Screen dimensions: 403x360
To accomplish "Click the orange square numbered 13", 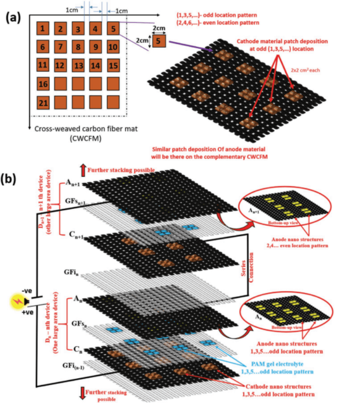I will tap(78, 66).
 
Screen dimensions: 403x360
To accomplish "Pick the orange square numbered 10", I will tap(113, 47).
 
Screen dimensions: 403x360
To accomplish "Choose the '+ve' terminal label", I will tap(28, 313).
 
